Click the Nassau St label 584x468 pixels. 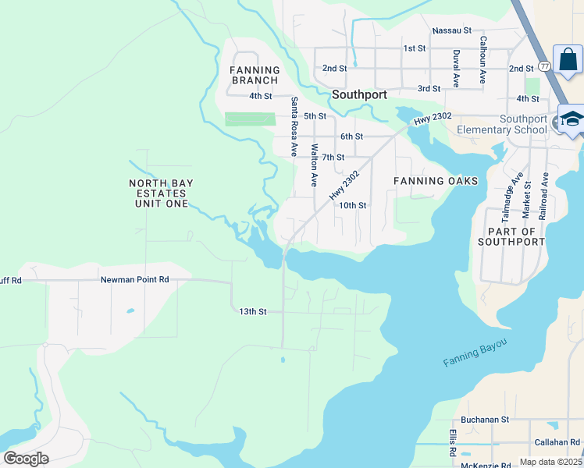452,30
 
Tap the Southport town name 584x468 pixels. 359,94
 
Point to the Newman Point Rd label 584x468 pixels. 134,279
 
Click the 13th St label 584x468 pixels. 253,311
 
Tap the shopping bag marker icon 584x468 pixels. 568,59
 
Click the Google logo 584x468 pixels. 26,459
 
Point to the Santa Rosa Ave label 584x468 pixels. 294,126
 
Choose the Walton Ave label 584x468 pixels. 314,165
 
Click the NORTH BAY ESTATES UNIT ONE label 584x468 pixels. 158,193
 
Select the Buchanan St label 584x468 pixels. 484,419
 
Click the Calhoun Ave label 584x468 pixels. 483,60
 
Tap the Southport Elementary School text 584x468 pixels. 501,124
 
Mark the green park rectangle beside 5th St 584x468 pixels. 251,119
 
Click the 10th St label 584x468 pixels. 352,206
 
